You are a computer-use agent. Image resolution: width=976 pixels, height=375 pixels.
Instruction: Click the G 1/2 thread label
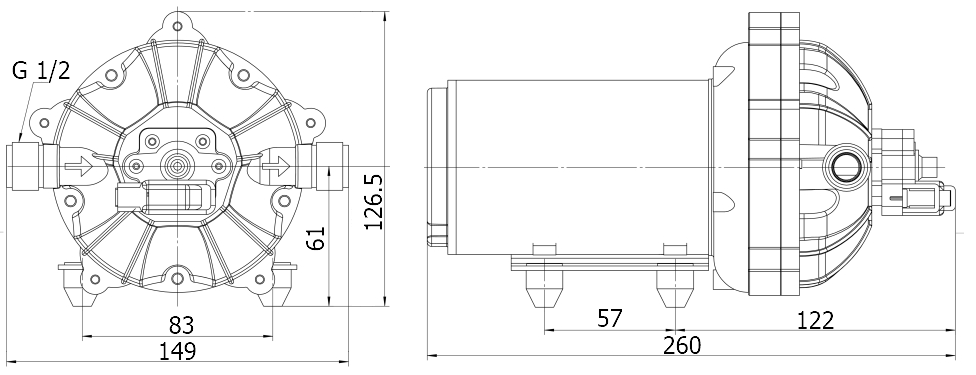tap(41, 71)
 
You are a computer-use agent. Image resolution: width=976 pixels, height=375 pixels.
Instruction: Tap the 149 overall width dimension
tap(177, 350)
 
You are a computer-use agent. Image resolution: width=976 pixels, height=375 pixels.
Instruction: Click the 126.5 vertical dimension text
tap(372, 202)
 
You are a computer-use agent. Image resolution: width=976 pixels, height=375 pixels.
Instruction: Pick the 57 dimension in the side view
tap(609, 319)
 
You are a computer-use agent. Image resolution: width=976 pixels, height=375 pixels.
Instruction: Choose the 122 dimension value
tap(816, 319)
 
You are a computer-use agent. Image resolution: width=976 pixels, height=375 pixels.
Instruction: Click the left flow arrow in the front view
tap(75, 165)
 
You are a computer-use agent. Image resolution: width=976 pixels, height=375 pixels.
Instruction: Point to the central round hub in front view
tap(178, 165)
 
